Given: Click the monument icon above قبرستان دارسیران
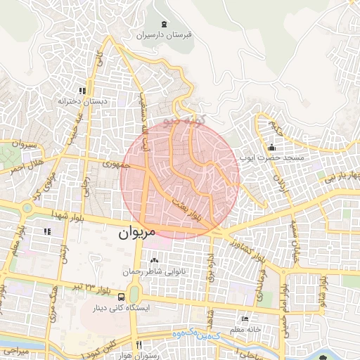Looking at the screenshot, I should coord(164,24).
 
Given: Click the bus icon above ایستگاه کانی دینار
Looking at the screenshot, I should coord(122,297).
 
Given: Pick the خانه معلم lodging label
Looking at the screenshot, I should coord(245,330).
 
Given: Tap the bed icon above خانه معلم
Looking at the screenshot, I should coord(245,319).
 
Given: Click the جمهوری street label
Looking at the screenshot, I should coord(112,165).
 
